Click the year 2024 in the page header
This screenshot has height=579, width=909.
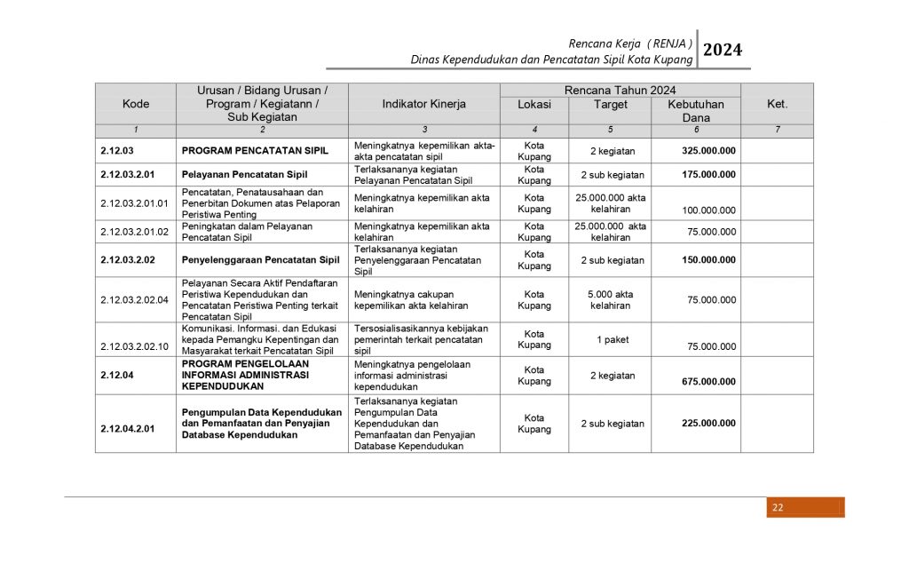pos(722,50)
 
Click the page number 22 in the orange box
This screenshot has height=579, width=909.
pos(778,508)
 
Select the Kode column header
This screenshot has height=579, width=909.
pos(136,104)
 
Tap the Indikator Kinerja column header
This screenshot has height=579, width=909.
pos(424,104)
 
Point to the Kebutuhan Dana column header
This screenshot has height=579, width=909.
pos(696,111)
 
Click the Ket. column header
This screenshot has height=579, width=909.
pos(777,104)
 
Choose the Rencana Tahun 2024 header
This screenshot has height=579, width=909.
pos(620,91)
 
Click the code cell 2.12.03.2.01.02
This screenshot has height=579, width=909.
pos(135,232)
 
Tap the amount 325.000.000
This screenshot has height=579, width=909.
pos(708,151)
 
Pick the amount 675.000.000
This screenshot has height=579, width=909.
pos(708,382)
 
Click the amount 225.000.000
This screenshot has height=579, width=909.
pos(708,424)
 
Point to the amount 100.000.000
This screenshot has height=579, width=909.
pos(708,210)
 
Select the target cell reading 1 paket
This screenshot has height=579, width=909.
pos(610,340)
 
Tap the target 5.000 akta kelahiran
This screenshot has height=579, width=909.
pos(610,299)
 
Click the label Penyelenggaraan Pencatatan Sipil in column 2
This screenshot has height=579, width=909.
pos(261,260)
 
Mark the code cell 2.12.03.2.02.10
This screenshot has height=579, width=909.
pos(135,346)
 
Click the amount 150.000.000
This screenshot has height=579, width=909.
pos(708,260)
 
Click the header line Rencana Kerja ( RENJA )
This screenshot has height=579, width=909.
pos(631,43)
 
